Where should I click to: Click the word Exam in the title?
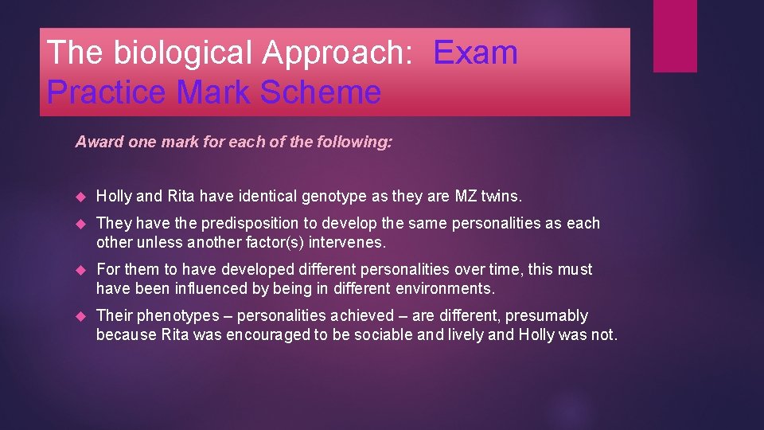(x=476, y=53)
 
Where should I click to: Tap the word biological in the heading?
(x=185, y=53)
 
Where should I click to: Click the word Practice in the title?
(x=107, y=92)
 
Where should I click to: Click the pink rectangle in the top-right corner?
(x=675, y=36)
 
